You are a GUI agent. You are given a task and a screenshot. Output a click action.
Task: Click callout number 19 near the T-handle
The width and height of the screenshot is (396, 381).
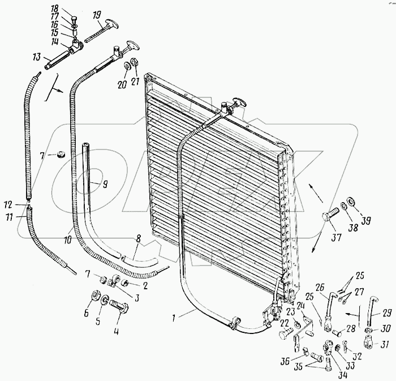(97, 14)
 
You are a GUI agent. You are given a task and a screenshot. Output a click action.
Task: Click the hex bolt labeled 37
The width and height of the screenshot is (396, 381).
(329, 217)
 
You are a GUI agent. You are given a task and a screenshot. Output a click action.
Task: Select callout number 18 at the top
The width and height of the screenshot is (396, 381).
(70, 8)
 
